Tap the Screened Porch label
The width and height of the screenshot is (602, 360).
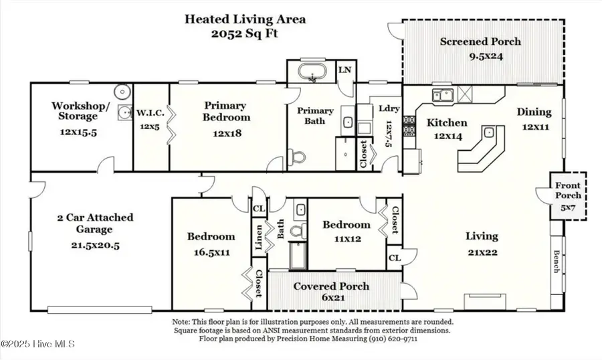[x=480, y=41]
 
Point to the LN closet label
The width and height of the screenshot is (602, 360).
[x=345, y=70]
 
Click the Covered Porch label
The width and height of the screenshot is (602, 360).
[x=332, y=286]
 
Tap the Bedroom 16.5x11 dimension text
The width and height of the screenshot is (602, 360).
[x=211, y=252]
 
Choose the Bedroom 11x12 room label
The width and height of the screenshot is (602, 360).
[x=346, y=225]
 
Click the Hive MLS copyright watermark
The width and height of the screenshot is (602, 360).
[x=38, y=344]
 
